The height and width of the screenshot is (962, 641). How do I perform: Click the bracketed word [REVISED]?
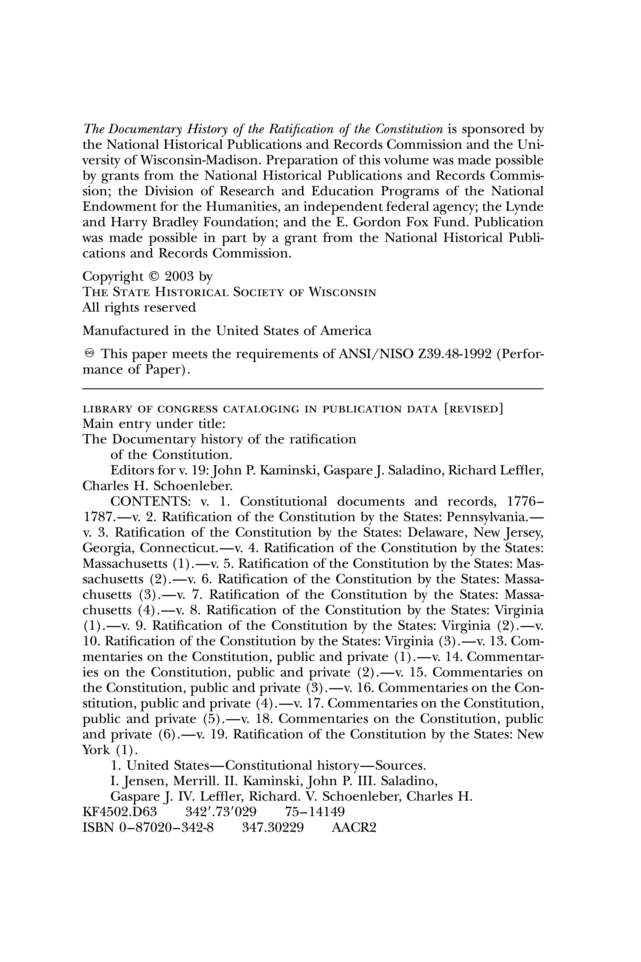coord(473,409)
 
